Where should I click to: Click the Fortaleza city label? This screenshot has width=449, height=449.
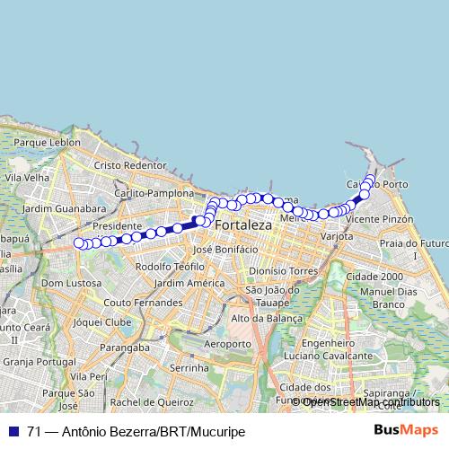click(243, 226)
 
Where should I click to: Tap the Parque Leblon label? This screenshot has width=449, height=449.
click(42, 142)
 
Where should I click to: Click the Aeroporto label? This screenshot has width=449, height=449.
click(228, 344)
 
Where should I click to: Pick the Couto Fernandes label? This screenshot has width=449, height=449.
click(143, 303)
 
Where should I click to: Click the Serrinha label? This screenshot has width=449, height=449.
click(189, 368)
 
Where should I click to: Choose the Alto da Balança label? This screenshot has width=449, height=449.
click(266, 318)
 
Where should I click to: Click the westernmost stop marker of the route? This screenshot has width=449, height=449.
click(78, 242)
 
